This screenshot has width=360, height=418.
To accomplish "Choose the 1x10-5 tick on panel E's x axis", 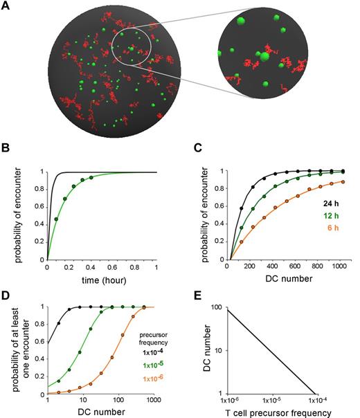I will click(272, 400).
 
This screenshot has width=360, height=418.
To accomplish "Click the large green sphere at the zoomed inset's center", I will click(263, 56).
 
